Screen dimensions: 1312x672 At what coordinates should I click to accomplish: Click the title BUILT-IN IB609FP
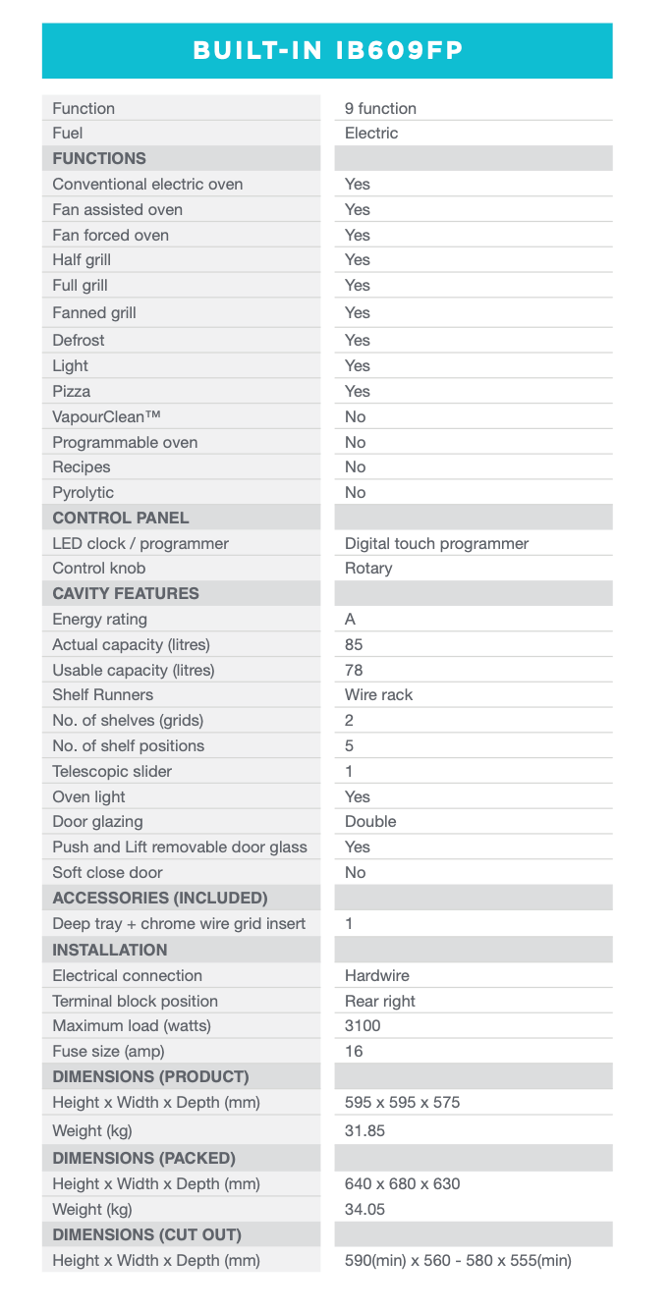tap(327, 51)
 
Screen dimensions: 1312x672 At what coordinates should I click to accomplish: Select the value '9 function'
tap(380, 108)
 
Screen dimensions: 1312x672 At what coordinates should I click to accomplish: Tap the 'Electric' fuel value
tap(371, 133)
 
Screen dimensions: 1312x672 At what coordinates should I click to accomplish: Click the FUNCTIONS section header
tap(99, 158)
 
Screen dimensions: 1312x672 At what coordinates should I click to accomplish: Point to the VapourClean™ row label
tap(106, 416)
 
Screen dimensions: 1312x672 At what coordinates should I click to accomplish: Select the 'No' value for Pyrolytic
tap(355, 492)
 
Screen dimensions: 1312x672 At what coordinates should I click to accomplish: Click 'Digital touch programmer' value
tap(436, 543)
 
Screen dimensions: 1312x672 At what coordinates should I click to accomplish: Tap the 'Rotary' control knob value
tap(368, 568)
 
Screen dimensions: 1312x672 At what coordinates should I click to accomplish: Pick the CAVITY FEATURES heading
tap(126, 593)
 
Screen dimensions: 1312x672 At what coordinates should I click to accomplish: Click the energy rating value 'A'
tap(351, 619)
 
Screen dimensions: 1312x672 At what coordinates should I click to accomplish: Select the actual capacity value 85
tap(354, 644)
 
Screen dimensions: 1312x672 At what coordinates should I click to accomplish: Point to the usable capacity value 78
tap(354, 670)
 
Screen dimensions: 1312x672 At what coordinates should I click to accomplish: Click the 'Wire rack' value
tap(378, 694)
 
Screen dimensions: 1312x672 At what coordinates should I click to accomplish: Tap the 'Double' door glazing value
tap(370, 821)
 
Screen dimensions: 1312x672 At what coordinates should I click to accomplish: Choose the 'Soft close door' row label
tap(107, 872)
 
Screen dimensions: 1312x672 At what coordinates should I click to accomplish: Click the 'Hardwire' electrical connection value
tap(377, 975)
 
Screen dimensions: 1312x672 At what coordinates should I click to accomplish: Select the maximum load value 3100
tap(363, 1025)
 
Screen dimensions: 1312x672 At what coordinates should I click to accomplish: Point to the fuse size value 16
tap(354, 1051)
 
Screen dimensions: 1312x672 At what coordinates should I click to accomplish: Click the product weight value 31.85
tap(364, 1130)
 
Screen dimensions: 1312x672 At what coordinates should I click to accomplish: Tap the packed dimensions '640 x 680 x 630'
tap(402, 1183)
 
